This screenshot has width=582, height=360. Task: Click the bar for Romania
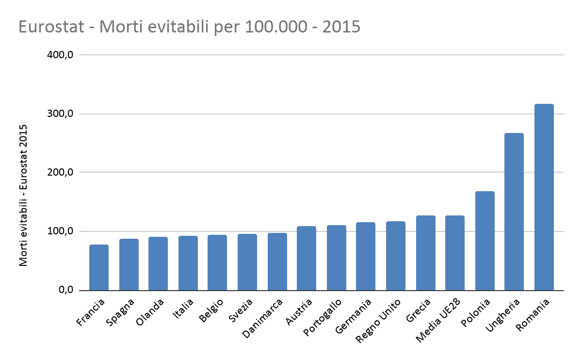tap(544, 197)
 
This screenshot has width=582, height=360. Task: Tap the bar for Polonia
tap(485, 241)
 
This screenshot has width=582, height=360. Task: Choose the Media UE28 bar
tap(455, 253)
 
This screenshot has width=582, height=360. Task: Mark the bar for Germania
tap(366, 256)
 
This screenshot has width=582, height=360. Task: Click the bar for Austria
tap(307, 258)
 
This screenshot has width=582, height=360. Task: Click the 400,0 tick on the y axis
tap(61, 55)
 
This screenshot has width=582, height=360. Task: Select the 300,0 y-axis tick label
tap(61, 114)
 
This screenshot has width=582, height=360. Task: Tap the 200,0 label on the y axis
tap(61, 173)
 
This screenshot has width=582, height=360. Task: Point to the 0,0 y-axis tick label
tap(65, 290)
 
